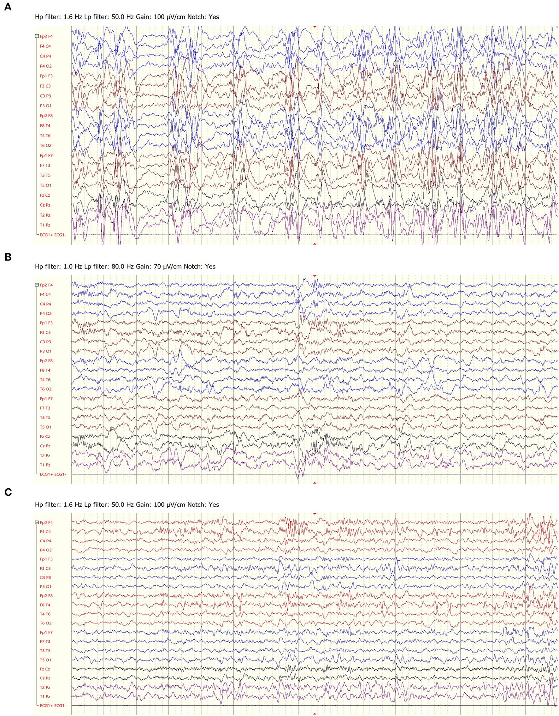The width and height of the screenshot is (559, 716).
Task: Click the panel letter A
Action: [x=8, y=7]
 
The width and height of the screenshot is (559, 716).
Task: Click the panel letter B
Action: [x=8, y=257]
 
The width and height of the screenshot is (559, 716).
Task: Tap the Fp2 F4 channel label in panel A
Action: [x=46, y=36]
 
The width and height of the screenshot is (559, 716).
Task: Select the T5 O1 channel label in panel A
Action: [x=45, y=185]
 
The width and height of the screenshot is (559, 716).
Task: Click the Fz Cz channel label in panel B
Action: [x=45, y=436]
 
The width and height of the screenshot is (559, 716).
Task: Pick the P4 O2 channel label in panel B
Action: [x=45, y=313]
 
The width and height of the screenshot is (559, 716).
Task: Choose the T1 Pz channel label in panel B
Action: [x=45, y=465]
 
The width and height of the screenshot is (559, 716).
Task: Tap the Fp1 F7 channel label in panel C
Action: [x=46, y=632]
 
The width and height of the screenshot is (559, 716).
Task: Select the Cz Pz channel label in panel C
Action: [x=45, y=678]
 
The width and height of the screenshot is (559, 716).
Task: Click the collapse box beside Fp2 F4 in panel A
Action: [x=37, y=36]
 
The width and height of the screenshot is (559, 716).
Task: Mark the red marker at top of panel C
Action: [x=315, y=514]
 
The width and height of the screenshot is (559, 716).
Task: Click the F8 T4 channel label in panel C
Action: [x=45, y=605]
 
